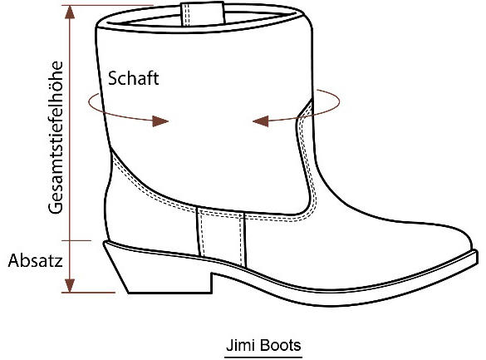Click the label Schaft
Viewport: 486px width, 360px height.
pyautogui.click(x=133, y=78)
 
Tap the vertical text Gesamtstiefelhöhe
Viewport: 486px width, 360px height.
pyautogui.click(x=56, y=137)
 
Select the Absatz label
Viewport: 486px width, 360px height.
pyautogui.click(x=35, y=260)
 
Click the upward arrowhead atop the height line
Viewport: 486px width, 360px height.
pyautogui.click(x=70, y=12)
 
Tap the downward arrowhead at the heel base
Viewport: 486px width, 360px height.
pyautogui.click(x=70, y=285)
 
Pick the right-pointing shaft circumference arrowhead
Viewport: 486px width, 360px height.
pyautogui.click(x=160, y=121)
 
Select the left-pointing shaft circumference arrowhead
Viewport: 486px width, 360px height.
pyautogui.click(x=261, y=121)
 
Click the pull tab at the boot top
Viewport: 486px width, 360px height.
pyautogui.click(x=203, y=13)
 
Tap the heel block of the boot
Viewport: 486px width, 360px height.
pyautogui.click(x=158, y=269)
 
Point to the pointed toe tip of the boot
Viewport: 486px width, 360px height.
pyautogui.click(x=476, y=255)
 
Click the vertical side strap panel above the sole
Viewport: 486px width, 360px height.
pyautogui.click(x=221, y=235)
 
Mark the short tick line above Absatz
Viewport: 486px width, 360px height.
pyautogui.click(x=76, y=240)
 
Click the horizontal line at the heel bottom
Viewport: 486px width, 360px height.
pyautogui.click(x=88, y=292)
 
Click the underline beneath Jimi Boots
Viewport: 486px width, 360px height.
pyautogui.click(x=263, y=358)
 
